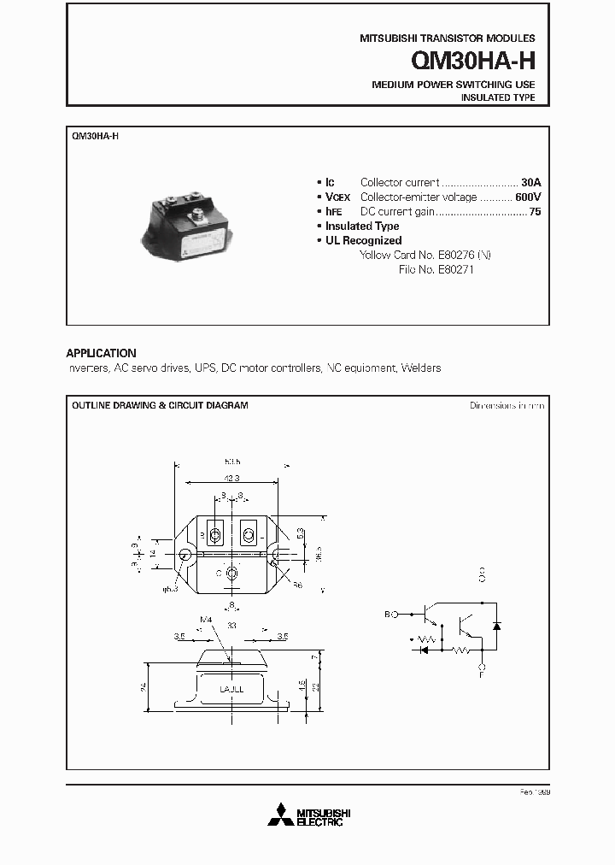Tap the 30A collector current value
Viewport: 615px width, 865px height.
[x=531, y=182]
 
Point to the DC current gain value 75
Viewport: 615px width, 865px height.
[x=535, y=211]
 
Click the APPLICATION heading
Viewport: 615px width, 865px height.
[x=101, y=353]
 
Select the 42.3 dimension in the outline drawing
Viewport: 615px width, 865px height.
[x=230, y=479]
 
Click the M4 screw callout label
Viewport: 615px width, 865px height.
[x=204, y=620]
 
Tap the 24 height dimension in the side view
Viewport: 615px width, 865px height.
[x=144, y=686]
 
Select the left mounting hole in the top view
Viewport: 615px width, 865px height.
[x=185, y=554]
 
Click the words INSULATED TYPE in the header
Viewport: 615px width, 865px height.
[x=498, y=98]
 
